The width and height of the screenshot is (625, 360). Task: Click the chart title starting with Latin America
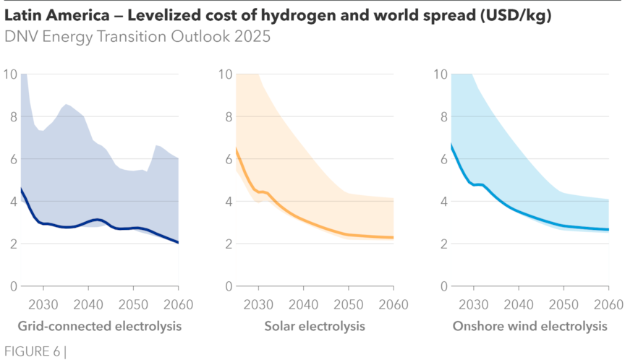pyautogui.click(x=278, y=16)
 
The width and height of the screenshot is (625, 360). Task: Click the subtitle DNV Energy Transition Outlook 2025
pyautogui.click(x=137, y=37)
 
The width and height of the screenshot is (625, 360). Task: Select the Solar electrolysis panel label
pyautogui.click(x=315, y=327)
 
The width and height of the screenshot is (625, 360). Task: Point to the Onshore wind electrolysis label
pyautogui.click(x=530, y=327)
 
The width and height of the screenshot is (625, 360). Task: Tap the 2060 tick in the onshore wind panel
pyautogui.click(x=609, y=303)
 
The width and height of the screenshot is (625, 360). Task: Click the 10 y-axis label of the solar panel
pyautogui.click(x=224, y=74)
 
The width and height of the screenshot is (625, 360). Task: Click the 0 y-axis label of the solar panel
pyautogui.click(x=228, y=286)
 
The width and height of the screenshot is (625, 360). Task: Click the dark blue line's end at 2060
pyautogui.click(x=179, y=243)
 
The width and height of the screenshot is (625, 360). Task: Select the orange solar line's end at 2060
pyautogui.click(x=394, y=237)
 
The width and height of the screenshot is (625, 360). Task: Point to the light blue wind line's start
pyautogui.click(x=451, y=144)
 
